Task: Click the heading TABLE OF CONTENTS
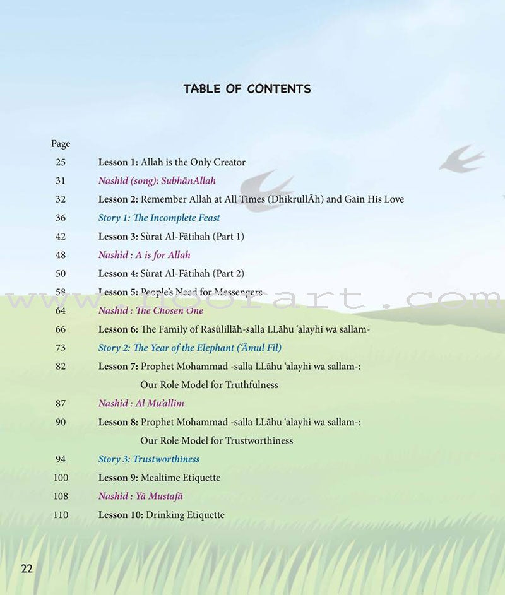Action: pos(247,89)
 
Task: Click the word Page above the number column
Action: pos(61,144)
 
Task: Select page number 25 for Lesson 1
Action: pos(61,162)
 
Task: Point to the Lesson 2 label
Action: pos(118,199)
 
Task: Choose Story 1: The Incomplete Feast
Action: pos(159,218)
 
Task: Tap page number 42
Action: pos(61,237)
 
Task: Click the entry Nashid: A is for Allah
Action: pos(144,255)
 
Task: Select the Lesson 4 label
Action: pos(118,274)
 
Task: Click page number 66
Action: pos(61,329)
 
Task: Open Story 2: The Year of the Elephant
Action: pos(189,348)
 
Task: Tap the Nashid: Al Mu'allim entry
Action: pos(141,403)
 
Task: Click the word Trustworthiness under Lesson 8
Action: pos(254,440)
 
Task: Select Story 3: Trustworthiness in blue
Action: pos(149,459)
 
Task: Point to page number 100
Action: pos(61,478)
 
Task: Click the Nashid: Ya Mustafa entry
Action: pos(141,497)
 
